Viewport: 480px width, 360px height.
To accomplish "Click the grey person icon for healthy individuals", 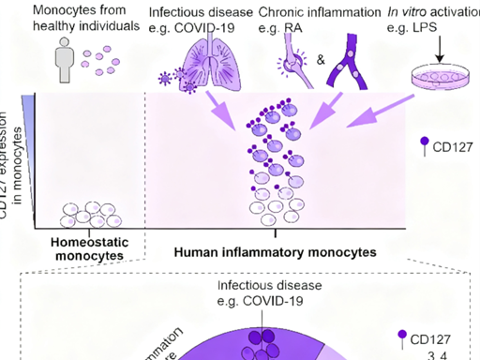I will coord(64,66).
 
